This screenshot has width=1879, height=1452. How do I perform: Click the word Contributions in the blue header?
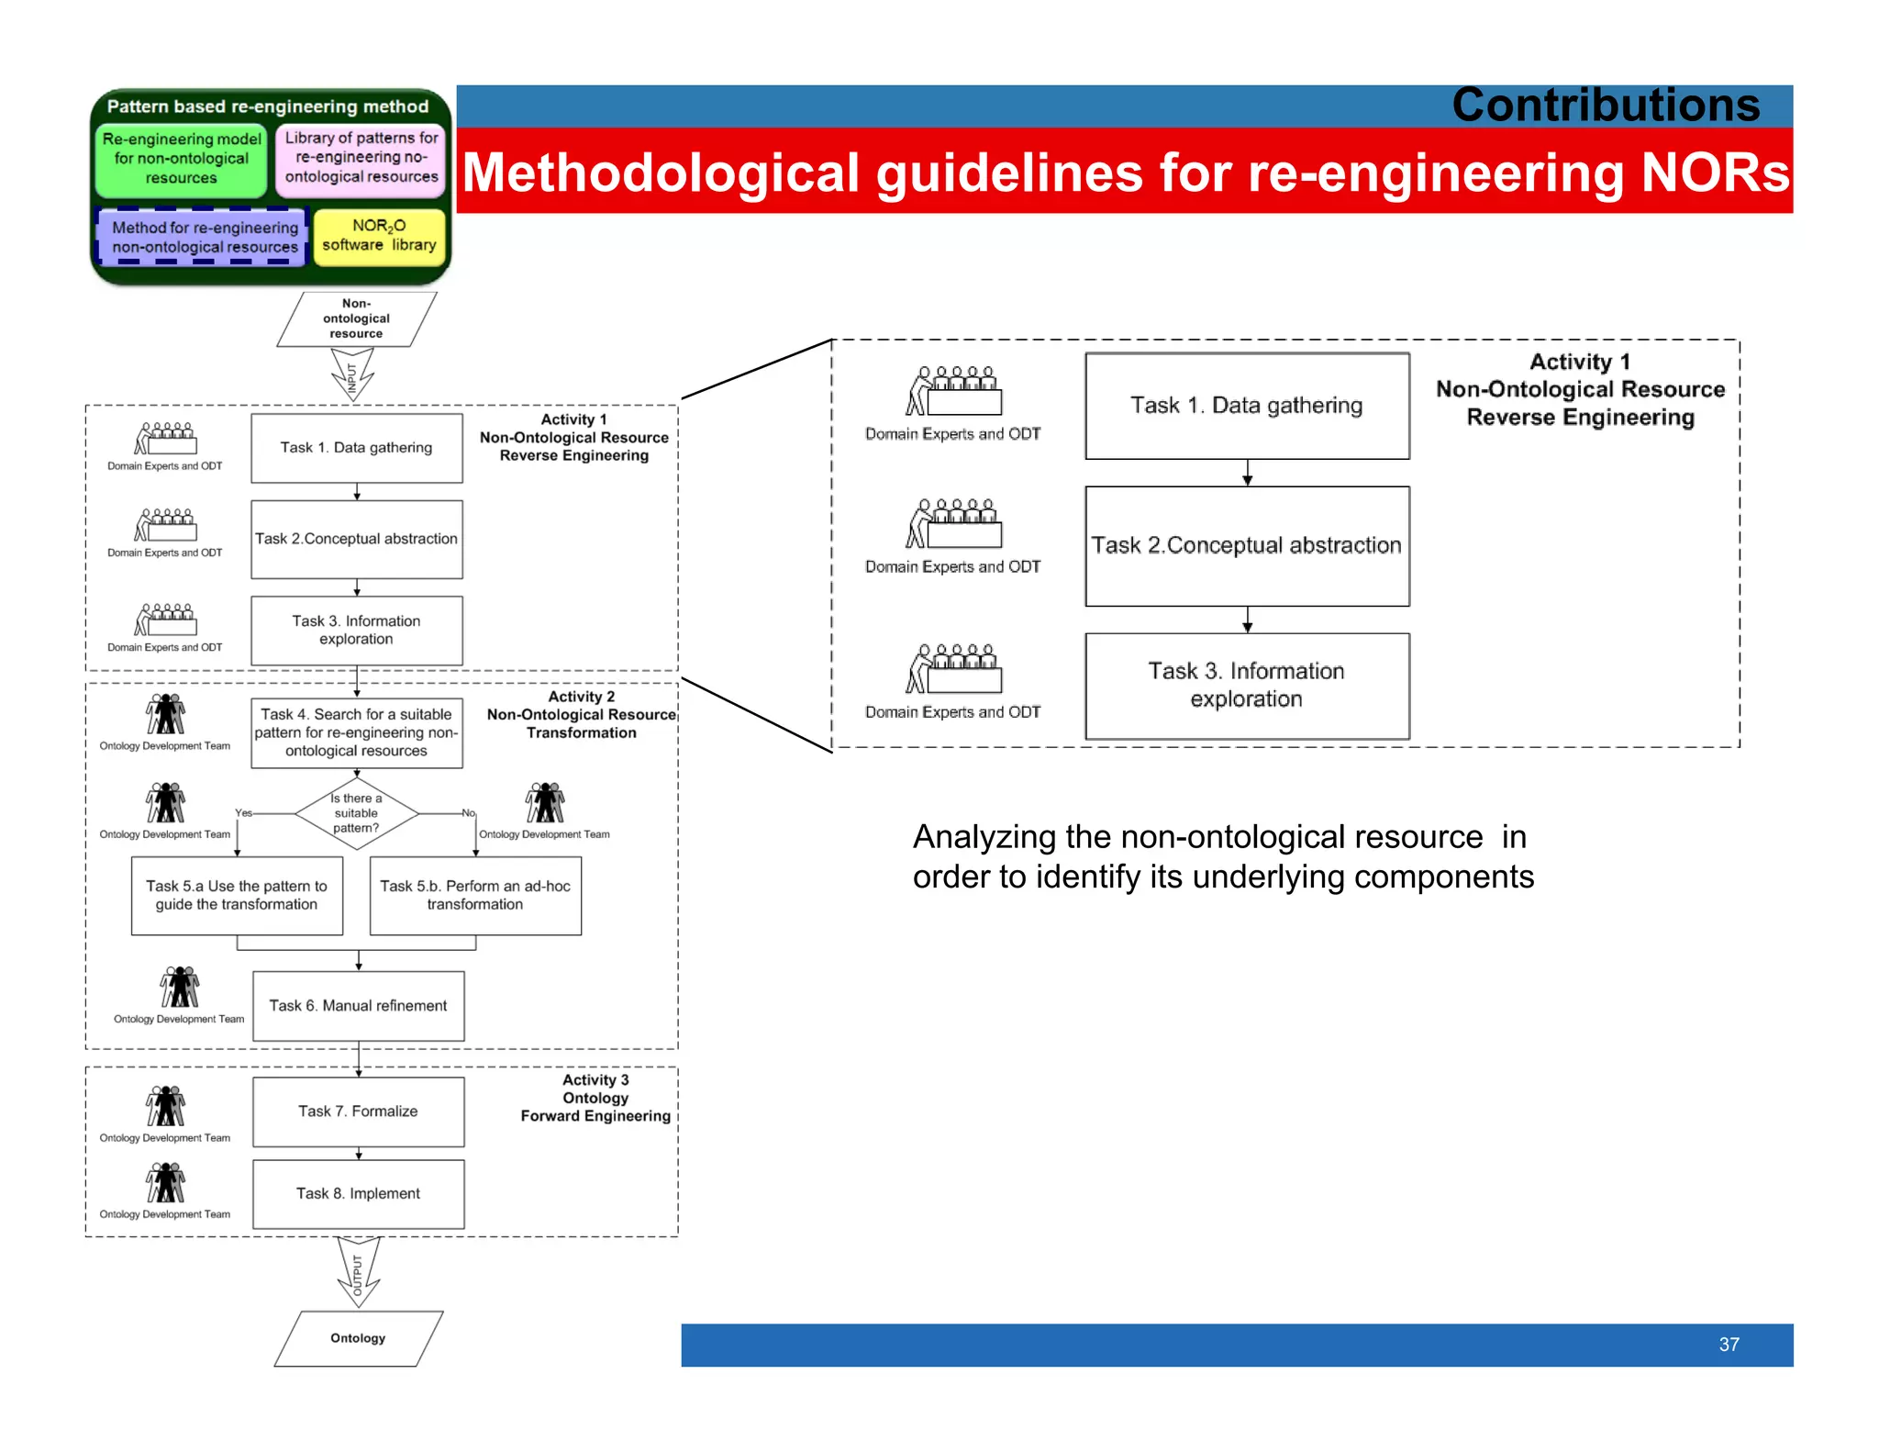point(1605,105)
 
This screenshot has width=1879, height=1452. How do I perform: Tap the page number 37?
point(1729,1344)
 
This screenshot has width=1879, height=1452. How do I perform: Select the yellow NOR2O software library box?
point(379,236)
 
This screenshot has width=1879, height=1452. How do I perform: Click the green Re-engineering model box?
point(182,159)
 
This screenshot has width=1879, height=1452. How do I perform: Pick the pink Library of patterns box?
point(361,158)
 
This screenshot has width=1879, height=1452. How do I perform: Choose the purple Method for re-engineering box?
point(204,237)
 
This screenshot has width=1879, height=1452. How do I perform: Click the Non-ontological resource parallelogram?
point(356,318)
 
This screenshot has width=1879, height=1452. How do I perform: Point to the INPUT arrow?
point(352,377)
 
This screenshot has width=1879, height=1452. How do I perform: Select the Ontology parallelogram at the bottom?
point(358,1338)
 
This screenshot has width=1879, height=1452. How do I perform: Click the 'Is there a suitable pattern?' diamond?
point(356,813)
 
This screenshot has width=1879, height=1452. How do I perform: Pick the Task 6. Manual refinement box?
point(358,1006)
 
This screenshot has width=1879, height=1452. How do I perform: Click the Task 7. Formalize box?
point(358,1111)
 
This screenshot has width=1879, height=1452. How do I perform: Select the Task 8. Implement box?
point(358,1193)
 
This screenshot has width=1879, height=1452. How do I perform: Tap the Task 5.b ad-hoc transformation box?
point(475,895)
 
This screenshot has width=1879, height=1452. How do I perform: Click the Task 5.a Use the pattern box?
point(237,895)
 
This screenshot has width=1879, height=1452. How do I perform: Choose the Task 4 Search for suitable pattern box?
point(356,732)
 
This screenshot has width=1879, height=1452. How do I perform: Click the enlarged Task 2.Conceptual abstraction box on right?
point(1246,545)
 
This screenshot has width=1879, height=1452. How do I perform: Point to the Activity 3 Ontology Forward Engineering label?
point(595,1098)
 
